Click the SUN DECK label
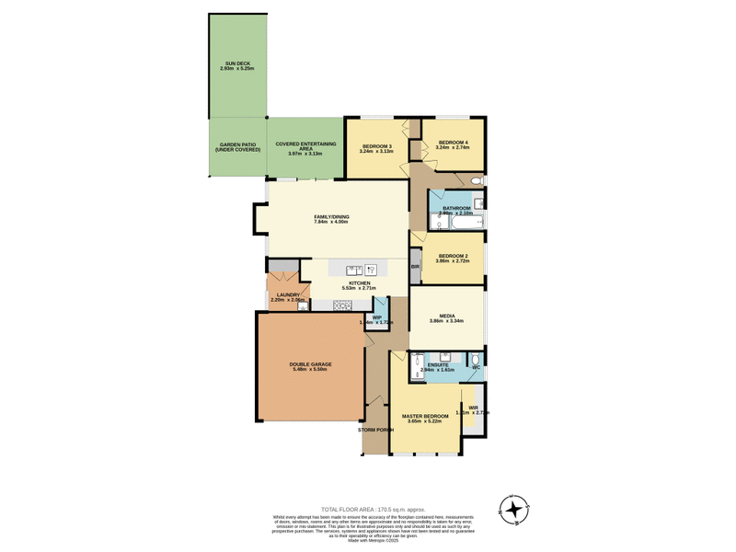237,63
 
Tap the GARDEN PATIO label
237,144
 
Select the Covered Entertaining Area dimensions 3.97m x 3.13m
305,154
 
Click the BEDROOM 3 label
377,146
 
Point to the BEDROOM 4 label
453,142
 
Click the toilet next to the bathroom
476,182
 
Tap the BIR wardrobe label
415,267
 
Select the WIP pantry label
376,316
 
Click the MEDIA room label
448,316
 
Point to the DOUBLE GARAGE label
310,364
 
